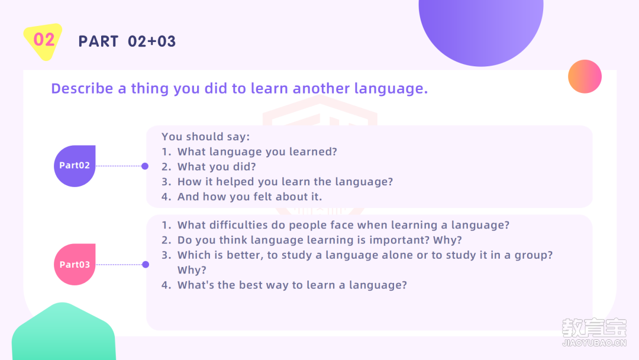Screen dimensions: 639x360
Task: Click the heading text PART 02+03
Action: tap(127, 41)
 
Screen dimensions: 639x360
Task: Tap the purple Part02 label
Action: tap(75, 166)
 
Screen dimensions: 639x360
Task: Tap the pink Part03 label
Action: tap(75, 265)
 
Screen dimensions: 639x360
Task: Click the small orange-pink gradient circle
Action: tap(585, 76)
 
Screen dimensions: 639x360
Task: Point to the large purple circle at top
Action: tap(481, 28)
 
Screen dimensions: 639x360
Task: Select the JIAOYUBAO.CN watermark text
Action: tap(594, 343)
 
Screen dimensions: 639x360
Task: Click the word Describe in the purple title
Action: tap(82, 88)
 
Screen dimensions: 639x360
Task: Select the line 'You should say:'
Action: tap(205, 137)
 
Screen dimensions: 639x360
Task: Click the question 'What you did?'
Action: tap(217, 167)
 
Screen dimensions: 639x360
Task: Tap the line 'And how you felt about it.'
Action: tap(250, 197)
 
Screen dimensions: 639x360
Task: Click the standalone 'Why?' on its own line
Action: tap(192, 271)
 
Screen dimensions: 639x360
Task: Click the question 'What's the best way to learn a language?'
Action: tap(292, 285)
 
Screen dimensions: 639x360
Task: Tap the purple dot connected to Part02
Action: tap(145, 166)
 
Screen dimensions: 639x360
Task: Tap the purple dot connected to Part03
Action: tap(146, 265)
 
